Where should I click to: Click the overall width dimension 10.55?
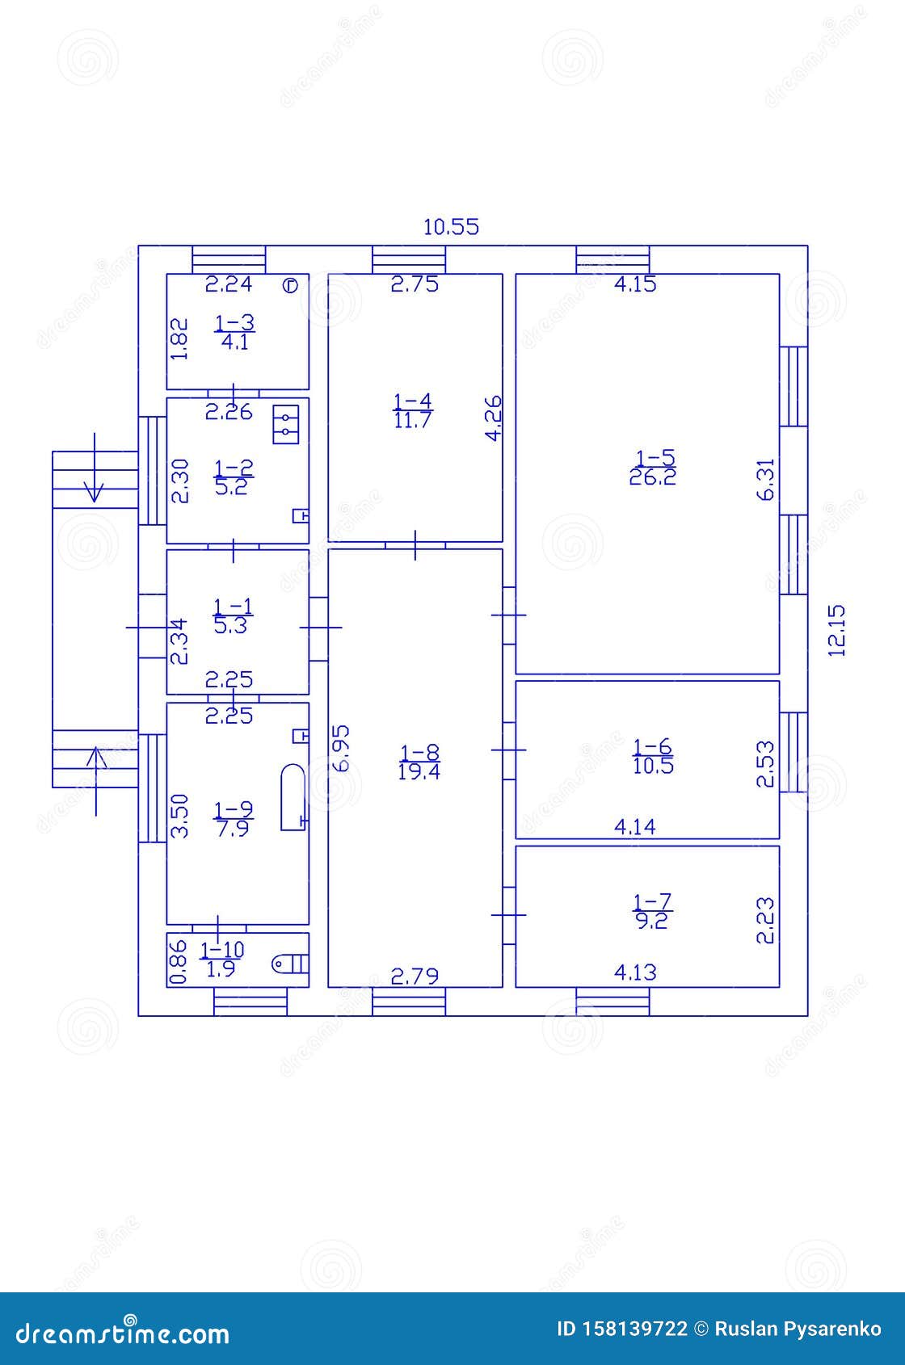click(x=451, y=227)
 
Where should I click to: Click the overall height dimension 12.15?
click(x=837, y=630)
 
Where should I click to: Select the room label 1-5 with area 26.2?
click(x=654, y=467)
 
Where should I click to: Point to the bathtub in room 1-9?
click(x=293, y=797)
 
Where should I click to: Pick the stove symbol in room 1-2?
click(x=286, y=423)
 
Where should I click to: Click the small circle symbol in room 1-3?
click(x=291, y=285)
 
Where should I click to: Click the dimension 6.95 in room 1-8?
click(x=342, y=749)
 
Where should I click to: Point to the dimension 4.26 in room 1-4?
click(x=492, y=418)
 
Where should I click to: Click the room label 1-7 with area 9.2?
click(x=651, y=911)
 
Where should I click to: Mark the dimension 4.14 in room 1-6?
click(x=634, y=826)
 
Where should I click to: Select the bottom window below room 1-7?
click(x=612, y=1002)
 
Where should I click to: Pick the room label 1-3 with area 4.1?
click(x=234, y=332)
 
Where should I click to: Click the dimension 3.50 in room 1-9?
click(x=180, y=816)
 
